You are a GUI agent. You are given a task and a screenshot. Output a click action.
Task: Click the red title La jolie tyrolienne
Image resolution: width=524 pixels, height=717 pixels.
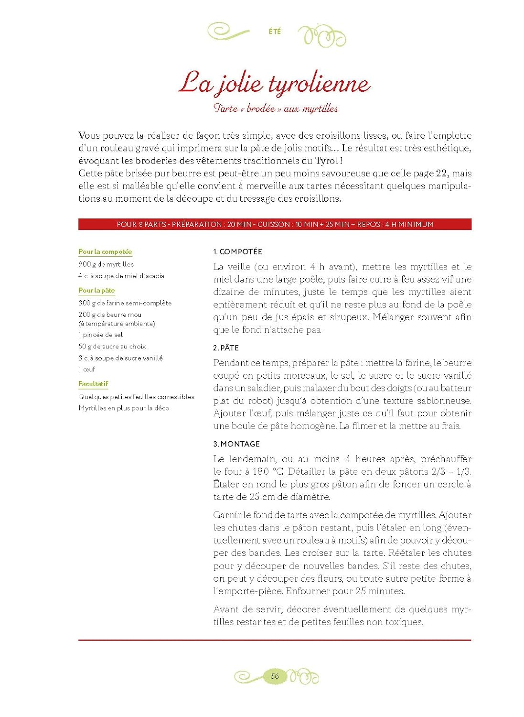(275, 84)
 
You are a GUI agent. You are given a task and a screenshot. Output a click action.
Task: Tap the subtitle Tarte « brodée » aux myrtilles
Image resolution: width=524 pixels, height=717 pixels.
(275, 109)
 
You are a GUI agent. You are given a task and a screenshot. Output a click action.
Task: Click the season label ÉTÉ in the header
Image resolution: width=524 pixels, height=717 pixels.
(275, 32)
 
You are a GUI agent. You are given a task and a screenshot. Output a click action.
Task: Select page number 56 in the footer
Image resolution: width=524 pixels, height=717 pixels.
(275, 676)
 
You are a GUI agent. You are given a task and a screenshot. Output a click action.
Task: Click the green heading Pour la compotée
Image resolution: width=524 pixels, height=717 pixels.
(105, 251)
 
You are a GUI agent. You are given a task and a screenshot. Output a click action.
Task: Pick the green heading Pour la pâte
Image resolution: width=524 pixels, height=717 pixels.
(96, 290)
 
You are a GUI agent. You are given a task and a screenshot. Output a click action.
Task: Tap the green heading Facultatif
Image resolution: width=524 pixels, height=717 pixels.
(93, 383)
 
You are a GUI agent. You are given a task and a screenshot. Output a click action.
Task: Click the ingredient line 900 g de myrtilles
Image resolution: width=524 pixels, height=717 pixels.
(106, 264)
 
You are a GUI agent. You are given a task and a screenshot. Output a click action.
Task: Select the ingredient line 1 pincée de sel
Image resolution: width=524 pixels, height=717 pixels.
(100, 335)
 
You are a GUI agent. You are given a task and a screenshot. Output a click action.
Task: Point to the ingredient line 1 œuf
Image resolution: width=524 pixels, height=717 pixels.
(86, 369)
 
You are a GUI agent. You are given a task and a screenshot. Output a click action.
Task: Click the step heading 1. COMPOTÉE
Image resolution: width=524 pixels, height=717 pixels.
(237, 251)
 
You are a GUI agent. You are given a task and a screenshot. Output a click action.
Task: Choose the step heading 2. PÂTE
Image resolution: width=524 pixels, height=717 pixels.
(226, 348)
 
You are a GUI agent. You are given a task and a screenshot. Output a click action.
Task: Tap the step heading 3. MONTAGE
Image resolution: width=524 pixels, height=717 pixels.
(236, 444)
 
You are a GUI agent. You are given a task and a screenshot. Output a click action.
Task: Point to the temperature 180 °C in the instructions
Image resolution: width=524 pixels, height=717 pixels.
(267, 471)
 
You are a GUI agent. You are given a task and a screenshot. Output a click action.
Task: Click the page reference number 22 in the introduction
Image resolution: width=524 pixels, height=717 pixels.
(442, 173)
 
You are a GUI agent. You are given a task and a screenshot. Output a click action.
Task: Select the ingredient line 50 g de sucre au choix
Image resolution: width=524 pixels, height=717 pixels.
(112, 346)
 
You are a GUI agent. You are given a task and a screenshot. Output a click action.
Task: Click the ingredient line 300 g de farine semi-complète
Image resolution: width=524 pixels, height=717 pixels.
(125, 303)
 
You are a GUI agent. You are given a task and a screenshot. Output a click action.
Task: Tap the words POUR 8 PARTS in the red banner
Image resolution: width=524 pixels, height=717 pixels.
(141, 224)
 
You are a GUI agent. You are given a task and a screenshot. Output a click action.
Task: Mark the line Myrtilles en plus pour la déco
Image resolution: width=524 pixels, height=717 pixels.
(124, 408)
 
